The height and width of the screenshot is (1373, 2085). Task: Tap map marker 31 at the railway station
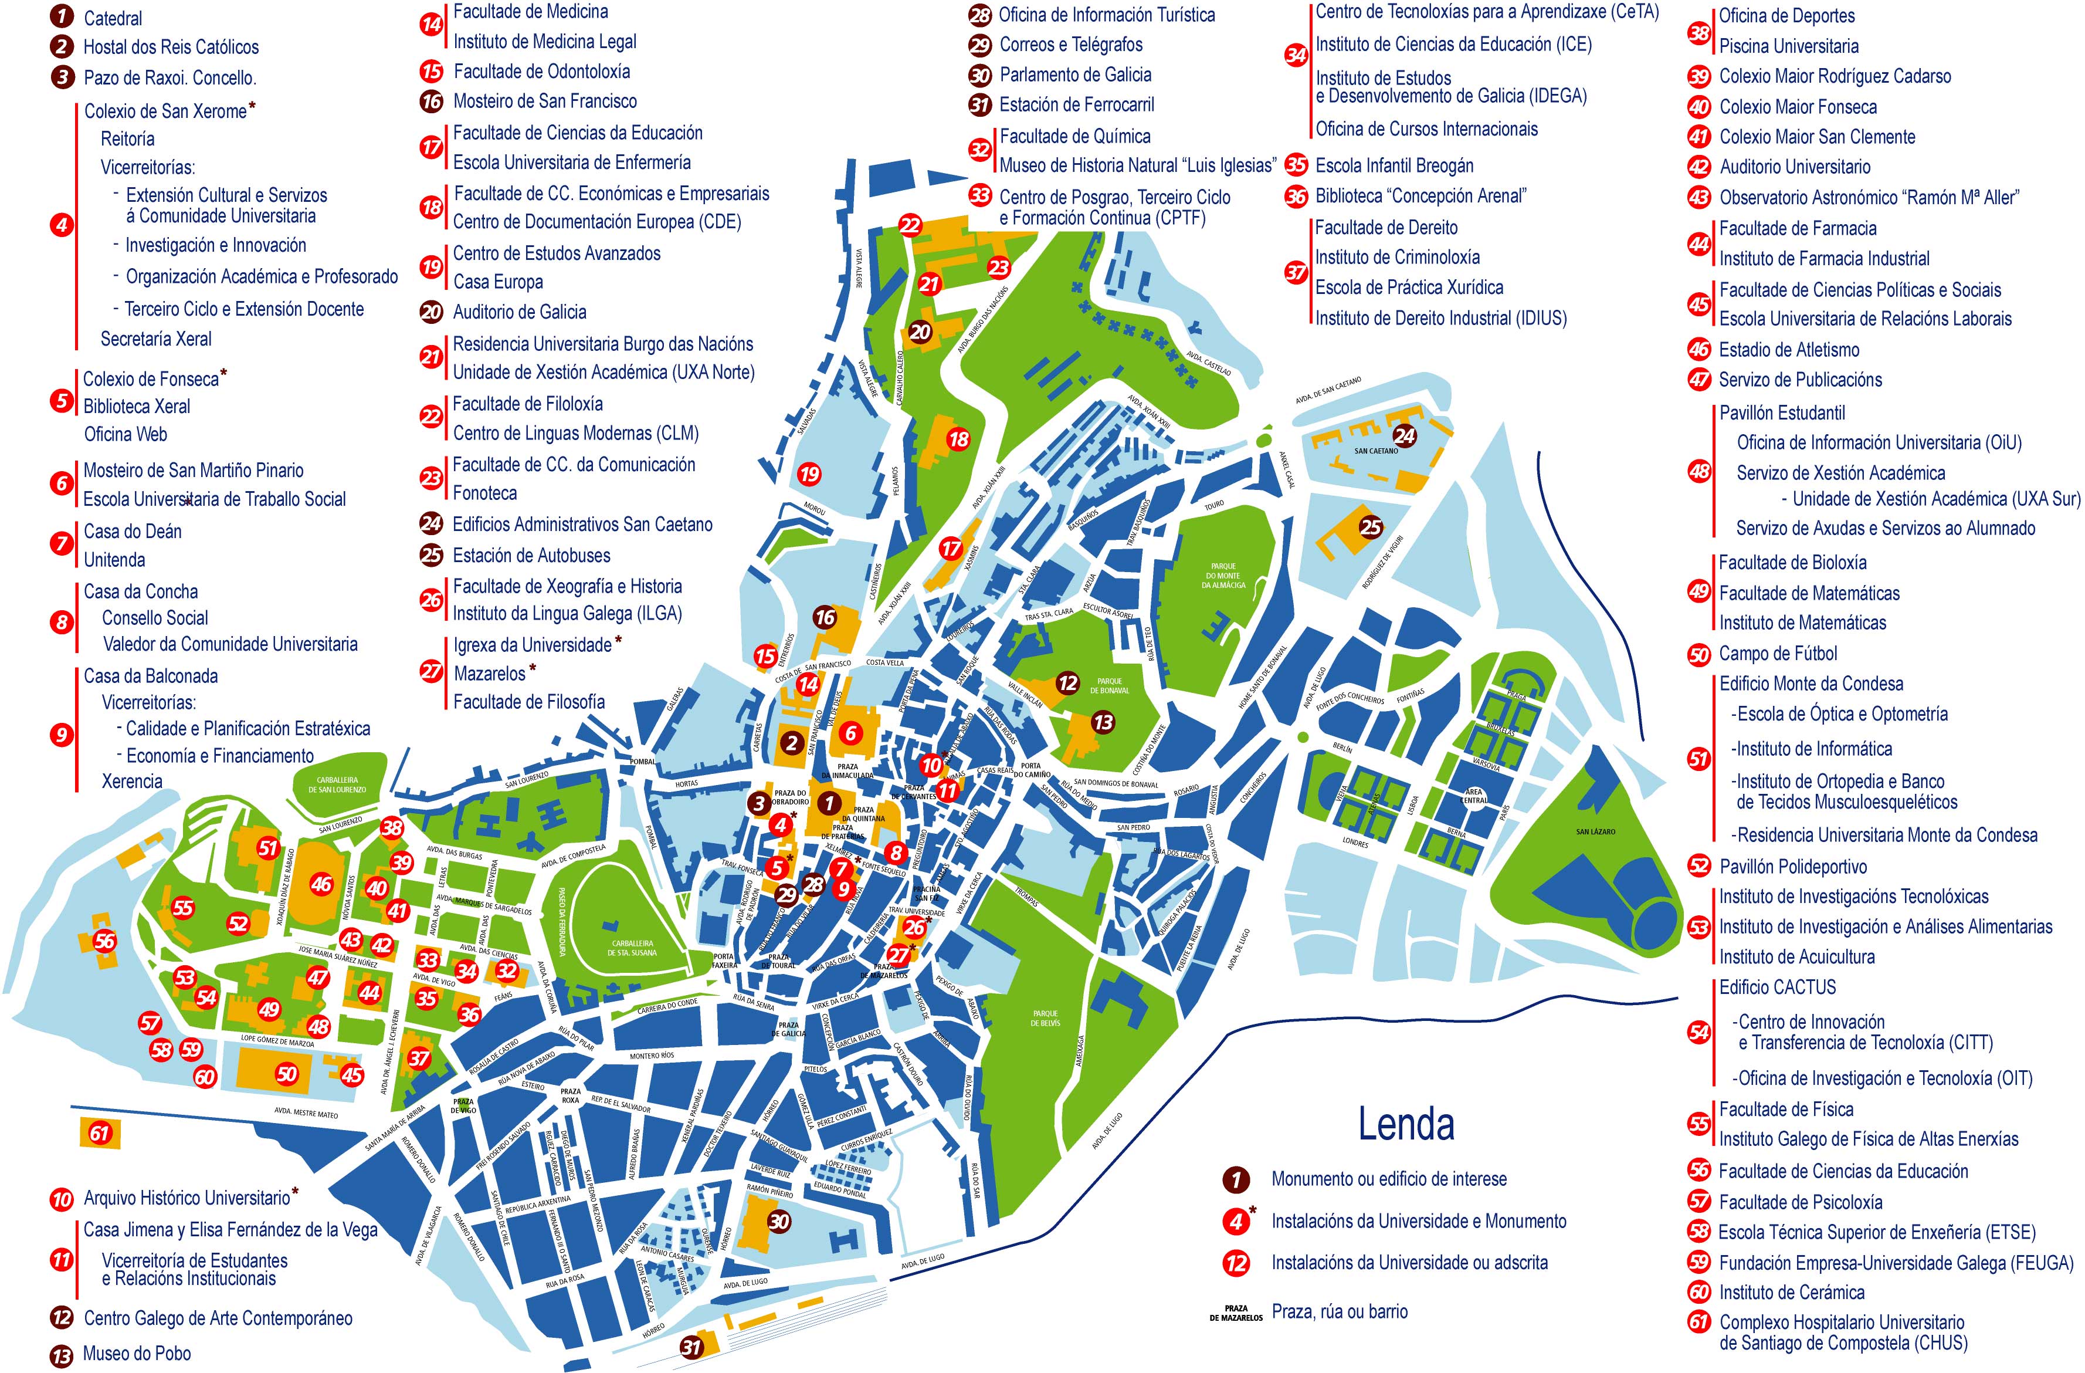pos(692,1346)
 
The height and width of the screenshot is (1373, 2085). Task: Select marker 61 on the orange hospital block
pos(99,1133)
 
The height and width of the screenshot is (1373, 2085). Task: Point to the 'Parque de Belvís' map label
pos(1045,1018)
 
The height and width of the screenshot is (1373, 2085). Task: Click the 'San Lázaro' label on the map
pos(1595,831)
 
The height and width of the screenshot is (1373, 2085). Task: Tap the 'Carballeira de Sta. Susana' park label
pos(632,948)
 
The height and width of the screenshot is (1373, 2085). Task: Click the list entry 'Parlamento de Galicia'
pos(1075,75)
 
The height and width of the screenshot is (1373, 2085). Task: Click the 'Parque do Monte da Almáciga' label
pos(1224,576)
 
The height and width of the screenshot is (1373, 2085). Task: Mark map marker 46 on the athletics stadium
pos(321,884)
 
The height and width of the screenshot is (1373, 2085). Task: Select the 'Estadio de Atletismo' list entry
pos(1788,350)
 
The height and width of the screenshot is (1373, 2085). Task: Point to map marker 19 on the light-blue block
pos(809,474)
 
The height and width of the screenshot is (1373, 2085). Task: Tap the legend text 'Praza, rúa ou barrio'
pos(1340,1311)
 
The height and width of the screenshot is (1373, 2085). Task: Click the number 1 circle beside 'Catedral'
pos(62,16)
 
